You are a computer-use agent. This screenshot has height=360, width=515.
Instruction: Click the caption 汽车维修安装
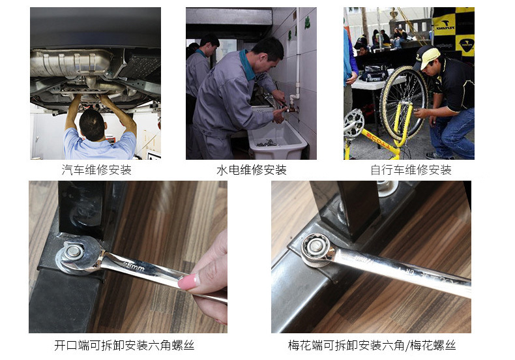tap(96, 170)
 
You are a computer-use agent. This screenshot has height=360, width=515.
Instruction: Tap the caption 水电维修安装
tap(251, 170)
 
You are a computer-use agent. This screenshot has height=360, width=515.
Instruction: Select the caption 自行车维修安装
tap(411, 170)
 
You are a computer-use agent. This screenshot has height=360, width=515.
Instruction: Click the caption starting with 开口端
tap(124, 345)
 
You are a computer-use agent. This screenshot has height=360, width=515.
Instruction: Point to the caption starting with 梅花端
tap(372, 345)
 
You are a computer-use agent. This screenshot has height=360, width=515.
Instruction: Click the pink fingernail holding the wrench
tap(189, 282)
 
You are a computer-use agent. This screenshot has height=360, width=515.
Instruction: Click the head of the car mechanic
tap(93, 125)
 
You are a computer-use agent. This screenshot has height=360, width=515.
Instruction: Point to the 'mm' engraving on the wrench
tap(134, 266)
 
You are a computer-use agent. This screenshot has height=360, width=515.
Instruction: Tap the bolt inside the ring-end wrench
tap(316, 246)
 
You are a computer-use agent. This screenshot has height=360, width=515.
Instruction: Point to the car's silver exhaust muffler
tap(70, 63)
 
